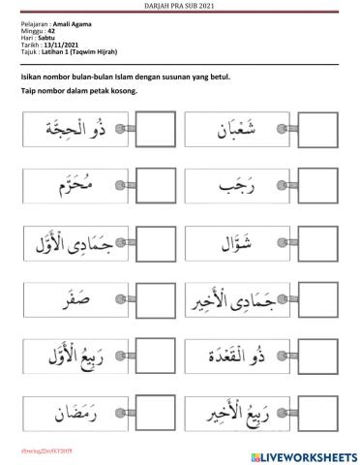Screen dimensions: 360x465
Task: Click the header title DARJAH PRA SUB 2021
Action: coord(180,6)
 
